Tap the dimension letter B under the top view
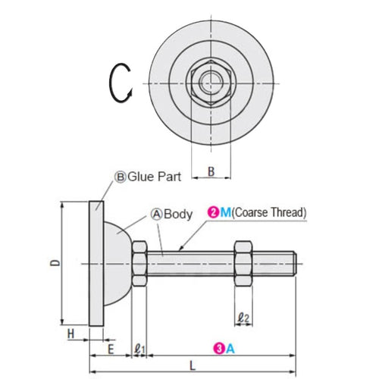[x=211, y=172]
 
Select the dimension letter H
[x=70, y=333]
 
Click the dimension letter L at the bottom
[x=193, y=365]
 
